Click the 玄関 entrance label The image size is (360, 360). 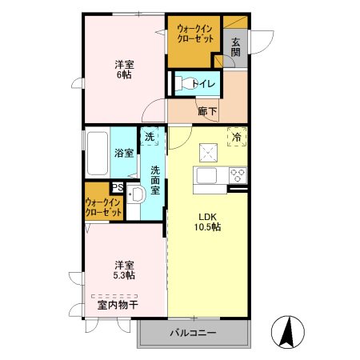coord(236,47)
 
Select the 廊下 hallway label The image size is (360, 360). coord(207,110)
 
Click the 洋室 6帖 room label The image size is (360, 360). coord(123,69)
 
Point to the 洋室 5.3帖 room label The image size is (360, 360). coord(123,270)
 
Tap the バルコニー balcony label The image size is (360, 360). coord(192,333)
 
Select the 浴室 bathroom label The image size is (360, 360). coord(123,153)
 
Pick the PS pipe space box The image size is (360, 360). coord(117,188)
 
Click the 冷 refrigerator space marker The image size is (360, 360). coord(237,138)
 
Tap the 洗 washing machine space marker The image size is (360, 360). coord(150,138)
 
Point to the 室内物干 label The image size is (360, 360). coord(118,305)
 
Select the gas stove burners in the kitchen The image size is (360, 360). coord(238,174)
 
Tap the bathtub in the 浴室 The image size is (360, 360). coord(96,152)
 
